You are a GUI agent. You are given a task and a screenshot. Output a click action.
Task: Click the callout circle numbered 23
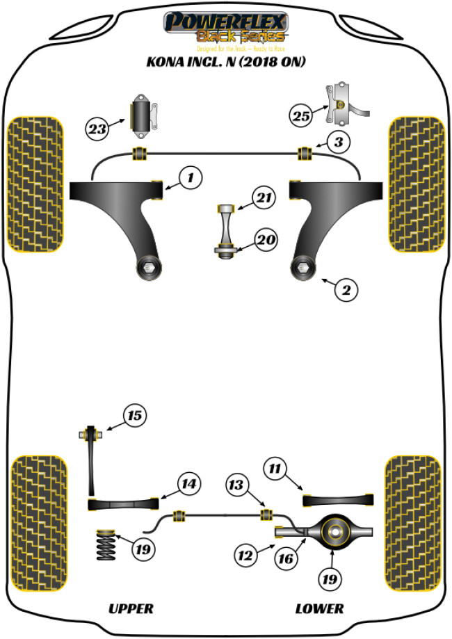(x=97, y=128)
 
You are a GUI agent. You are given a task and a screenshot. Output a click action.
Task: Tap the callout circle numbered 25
(x=300, y=116)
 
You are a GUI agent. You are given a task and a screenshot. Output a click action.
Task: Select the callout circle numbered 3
(x=337, y=143)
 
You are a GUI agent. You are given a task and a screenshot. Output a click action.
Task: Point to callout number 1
(x=189, y=178)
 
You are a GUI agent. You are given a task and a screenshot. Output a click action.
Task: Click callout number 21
(x=264, y=200)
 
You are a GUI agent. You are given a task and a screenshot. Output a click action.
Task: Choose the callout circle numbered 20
(x=265, y=241)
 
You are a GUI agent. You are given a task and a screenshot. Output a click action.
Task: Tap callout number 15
(x=134, y=416)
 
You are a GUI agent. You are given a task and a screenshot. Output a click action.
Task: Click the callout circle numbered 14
(x=188, y=483)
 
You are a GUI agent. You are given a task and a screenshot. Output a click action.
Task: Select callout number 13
(x=236, y=484)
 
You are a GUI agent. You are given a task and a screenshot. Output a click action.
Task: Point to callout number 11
(x=275, y=469)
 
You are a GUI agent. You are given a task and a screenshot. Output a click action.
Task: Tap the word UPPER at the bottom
(x=130, y=608)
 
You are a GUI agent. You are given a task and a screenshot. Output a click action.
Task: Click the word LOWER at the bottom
(x=319, y=608)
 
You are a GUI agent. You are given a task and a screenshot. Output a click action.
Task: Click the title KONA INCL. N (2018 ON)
(x=226, y=61)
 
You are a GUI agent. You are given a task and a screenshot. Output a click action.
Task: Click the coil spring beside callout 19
(x=106, y=546)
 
